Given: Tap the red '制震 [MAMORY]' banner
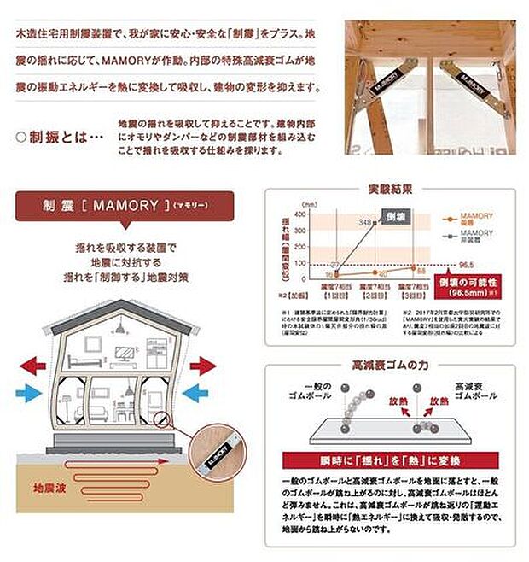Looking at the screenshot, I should pyautogui.click(x=125, y=206).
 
